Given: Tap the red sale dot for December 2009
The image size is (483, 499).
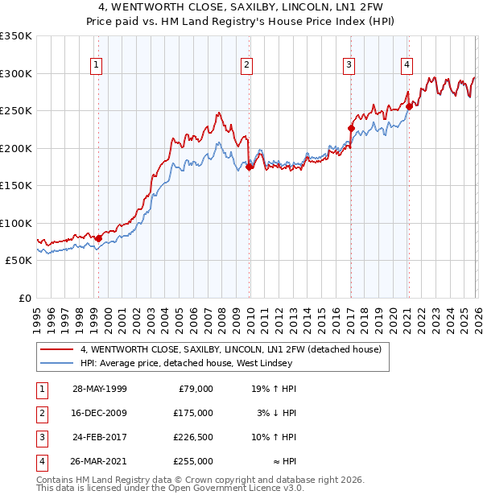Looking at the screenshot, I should click(249, 167).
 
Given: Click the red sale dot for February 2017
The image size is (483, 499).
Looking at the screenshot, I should click(351, 128).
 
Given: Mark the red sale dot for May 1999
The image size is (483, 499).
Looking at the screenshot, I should click(98, 238).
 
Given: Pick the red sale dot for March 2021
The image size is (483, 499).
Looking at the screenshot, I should click(409, 106).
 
